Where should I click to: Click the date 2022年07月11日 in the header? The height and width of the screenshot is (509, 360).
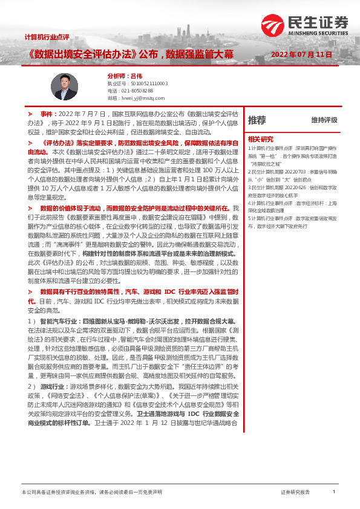pos(302,54)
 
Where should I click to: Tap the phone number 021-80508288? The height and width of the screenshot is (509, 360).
pos(139,90)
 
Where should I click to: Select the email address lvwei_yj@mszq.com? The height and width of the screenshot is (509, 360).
pos(143,97)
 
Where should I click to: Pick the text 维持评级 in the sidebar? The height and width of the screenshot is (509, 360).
pos(324,120)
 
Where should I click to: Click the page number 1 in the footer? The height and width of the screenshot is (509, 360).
pos(334,492)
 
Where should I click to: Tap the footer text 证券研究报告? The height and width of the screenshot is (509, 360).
pos(295,493)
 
